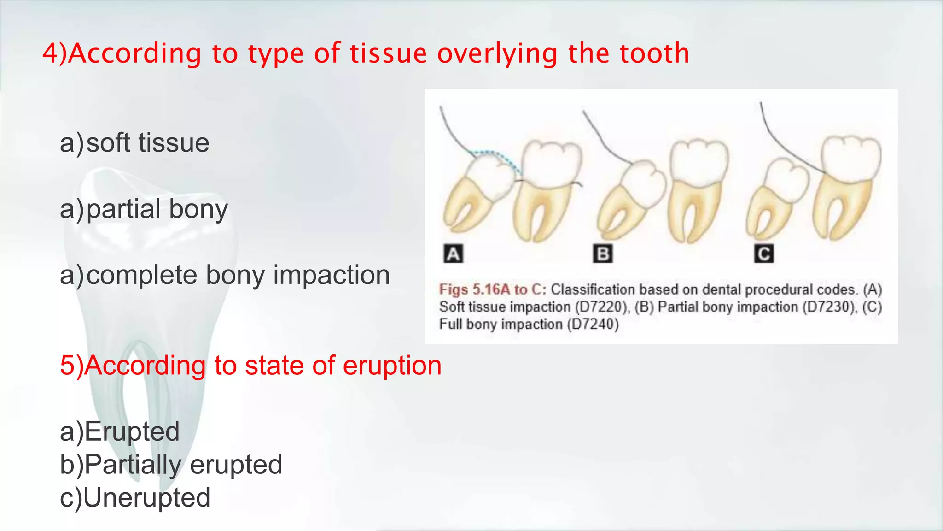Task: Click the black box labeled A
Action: click(453, 254)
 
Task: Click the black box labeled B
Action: click(603, 254)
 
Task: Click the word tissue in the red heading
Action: click(389, 53)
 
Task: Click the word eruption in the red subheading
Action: click(392, 366)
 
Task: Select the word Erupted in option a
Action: click(132, 431)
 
